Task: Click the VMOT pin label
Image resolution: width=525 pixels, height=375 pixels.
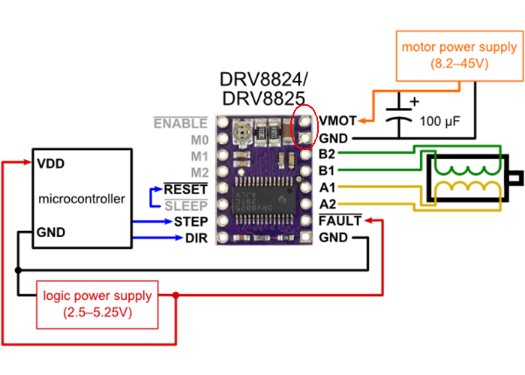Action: (x=337, y=121)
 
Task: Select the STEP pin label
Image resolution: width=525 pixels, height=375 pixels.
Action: (x=191, y=222)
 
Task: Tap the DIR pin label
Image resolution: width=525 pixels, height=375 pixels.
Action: (x=196, y=239)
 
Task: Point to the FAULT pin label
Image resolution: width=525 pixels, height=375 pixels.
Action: (x=340, y=222)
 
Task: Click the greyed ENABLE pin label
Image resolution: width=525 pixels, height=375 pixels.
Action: (x=180, y=122)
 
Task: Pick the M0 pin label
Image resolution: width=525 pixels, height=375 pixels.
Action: (x=199, y=139)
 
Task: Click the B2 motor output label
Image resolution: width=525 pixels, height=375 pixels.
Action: (x=327, y=154)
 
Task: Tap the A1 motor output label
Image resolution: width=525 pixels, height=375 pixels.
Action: (x=327, y=188)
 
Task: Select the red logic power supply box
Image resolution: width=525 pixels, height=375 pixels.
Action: (x=97, y=304)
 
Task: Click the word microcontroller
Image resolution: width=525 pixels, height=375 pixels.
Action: (x=80, y=199)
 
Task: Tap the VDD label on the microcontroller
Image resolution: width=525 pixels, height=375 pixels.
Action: (x=50, y=163)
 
